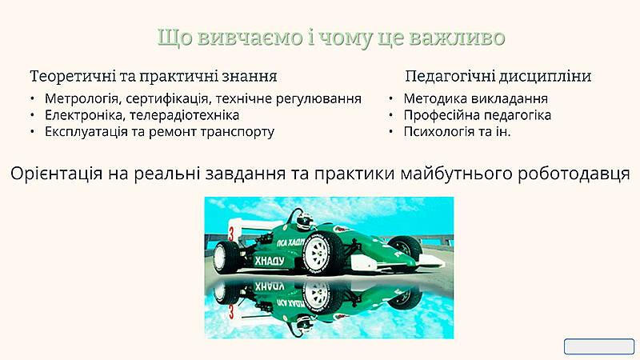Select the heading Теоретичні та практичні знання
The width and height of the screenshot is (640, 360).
tap(154, 76)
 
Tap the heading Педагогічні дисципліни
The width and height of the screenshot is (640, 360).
tap(498, 76)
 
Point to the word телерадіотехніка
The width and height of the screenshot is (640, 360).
tap(185, 115)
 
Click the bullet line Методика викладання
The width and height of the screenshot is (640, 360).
tap(475, 98)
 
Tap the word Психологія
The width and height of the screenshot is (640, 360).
tap(438, 132)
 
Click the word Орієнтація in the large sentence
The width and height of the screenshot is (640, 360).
tap(56, 174)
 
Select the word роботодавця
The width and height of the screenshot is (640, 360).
tap(574, 174)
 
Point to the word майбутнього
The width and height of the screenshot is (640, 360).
tap(456, 174)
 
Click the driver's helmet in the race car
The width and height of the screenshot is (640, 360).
tap(305, 221)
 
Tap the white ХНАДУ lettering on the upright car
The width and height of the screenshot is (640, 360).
tap(270, 262)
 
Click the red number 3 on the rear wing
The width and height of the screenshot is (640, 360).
tap(231, 234)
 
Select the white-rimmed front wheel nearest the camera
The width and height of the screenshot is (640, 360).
tap(322, 253)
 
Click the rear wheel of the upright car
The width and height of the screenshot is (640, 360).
tap(224, 257)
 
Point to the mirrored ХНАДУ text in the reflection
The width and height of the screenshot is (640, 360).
tap(270, 286)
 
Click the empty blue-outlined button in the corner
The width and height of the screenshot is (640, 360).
tap(599, 346)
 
